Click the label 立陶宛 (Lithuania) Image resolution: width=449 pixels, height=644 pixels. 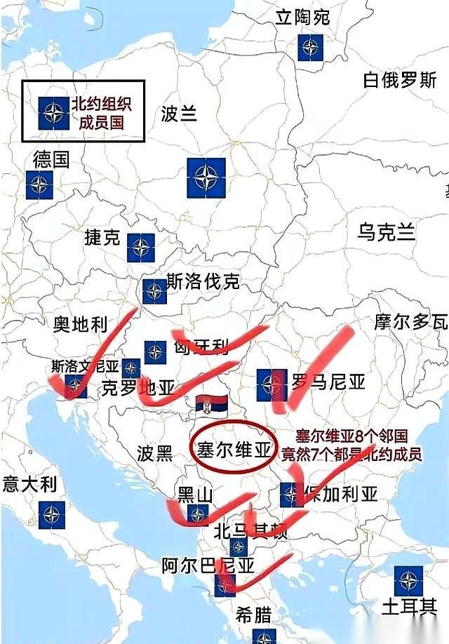(302, 17)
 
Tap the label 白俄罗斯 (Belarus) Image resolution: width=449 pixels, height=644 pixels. (400, 80)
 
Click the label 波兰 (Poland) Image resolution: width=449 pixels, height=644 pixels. (180, 113)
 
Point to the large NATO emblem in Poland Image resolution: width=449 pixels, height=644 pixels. (206, 177)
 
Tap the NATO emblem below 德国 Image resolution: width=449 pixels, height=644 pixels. (39, 185)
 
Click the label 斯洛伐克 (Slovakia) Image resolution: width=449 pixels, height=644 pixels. (203, 282)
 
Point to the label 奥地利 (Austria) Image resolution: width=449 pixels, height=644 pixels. (81, 323)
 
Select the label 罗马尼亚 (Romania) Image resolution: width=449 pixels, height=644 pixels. (328, 382)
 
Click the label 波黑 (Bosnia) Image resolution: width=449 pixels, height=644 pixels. (155, 452)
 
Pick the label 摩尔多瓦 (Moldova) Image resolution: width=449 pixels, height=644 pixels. (411, 322)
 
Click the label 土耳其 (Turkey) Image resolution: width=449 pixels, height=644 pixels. (410, 606)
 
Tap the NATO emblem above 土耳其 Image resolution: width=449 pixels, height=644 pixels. (408, 580)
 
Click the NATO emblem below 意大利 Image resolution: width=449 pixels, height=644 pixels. (52, 516)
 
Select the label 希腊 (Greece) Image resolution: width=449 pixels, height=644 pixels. (253, 615)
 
